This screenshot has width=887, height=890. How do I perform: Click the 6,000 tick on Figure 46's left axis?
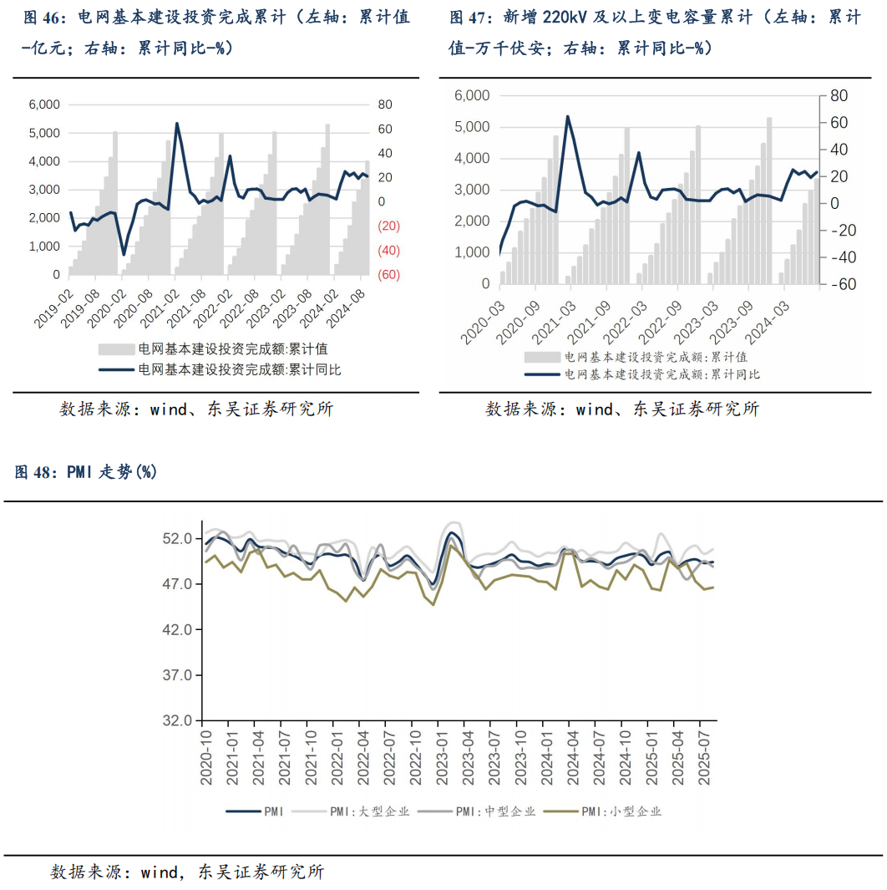[x=43, y=104]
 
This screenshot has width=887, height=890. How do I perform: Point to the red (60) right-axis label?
[x=389, y=275]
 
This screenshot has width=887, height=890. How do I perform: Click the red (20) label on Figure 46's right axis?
[x=389, y=226]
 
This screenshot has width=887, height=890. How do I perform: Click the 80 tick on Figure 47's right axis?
[x=837, y=96]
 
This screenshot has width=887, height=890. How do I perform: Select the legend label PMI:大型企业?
[x=369, y=811]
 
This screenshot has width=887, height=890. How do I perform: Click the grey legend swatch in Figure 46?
[x=115, y=349]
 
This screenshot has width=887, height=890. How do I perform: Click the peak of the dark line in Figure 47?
[x=568, y=116]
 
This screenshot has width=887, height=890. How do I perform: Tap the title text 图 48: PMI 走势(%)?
[x=86, y=472]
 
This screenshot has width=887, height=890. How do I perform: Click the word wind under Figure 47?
[x=595, y=409]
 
